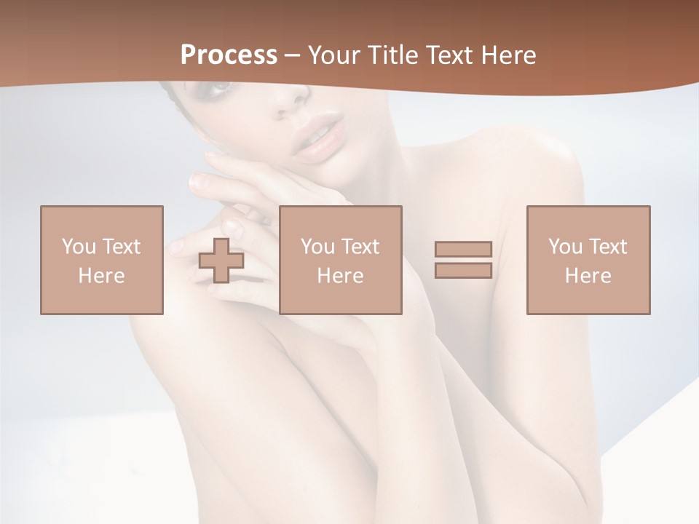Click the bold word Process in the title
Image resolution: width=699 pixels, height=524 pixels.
229,55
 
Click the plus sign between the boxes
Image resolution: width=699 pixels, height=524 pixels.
221,261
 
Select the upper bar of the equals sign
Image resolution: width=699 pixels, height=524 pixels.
463,249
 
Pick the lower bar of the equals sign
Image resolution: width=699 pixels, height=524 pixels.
463,271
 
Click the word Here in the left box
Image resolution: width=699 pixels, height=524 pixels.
102,276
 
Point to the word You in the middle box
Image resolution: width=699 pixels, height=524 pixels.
317,247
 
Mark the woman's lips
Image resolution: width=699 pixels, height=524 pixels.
317,136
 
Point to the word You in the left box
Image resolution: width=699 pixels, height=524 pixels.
79,247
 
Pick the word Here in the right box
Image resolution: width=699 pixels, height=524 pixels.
588,276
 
